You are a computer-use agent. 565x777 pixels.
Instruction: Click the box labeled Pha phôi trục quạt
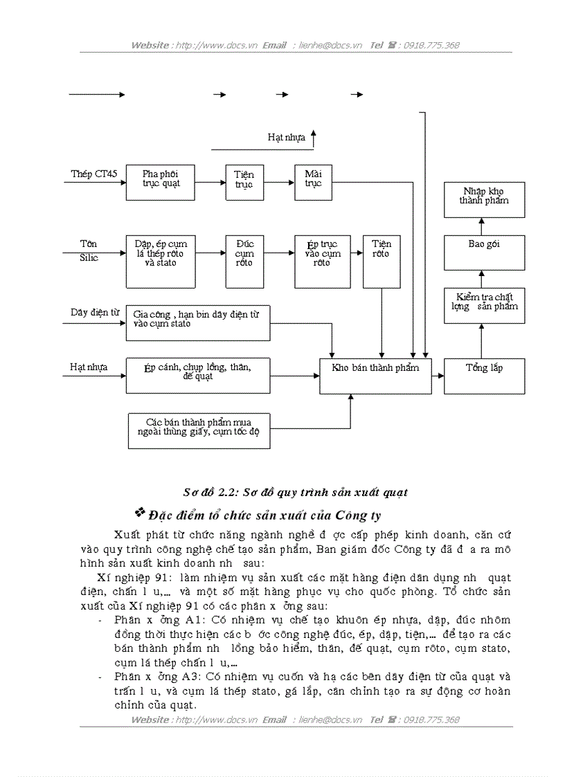click(160, 182)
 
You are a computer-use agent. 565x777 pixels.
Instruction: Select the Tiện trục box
click(244, 182)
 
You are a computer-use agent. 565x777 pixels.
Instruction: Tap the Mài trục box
click(313, 182)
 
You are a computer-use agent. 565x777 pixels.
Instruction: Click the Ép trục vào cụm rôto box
click(321, 261)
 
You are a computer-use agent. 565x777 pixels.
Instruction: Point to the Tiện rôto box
click(381, 261)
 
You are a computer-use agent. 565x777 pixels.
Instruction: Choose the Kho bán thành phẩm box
click(375, 376)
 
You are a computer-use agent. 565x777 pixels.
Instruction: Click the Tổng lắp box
click(484, 376)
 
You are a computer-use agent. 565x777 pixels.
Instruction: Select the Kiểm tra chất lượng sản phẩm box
click(484, 305)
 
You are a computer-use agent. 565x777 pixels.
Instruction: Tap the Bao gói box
click(484, 252)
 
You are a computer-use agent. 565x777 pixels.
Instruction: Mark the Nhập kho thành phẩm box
click(484, 200)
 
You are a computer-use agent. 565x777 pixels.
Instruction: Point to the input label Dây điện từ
click(91, 313)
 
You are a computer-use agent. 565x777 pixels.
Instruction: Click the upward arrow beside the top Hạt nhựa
click(313, 138)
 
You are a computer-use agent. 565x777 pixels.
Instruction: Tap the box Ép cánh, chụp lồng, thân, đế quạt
click(197, 376)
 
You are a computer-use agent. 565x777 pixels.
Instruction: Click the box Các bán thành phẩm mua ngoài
click(198, 430)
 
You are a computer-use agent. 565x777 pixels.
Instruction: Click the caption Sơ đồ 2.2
click(295, 493)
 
